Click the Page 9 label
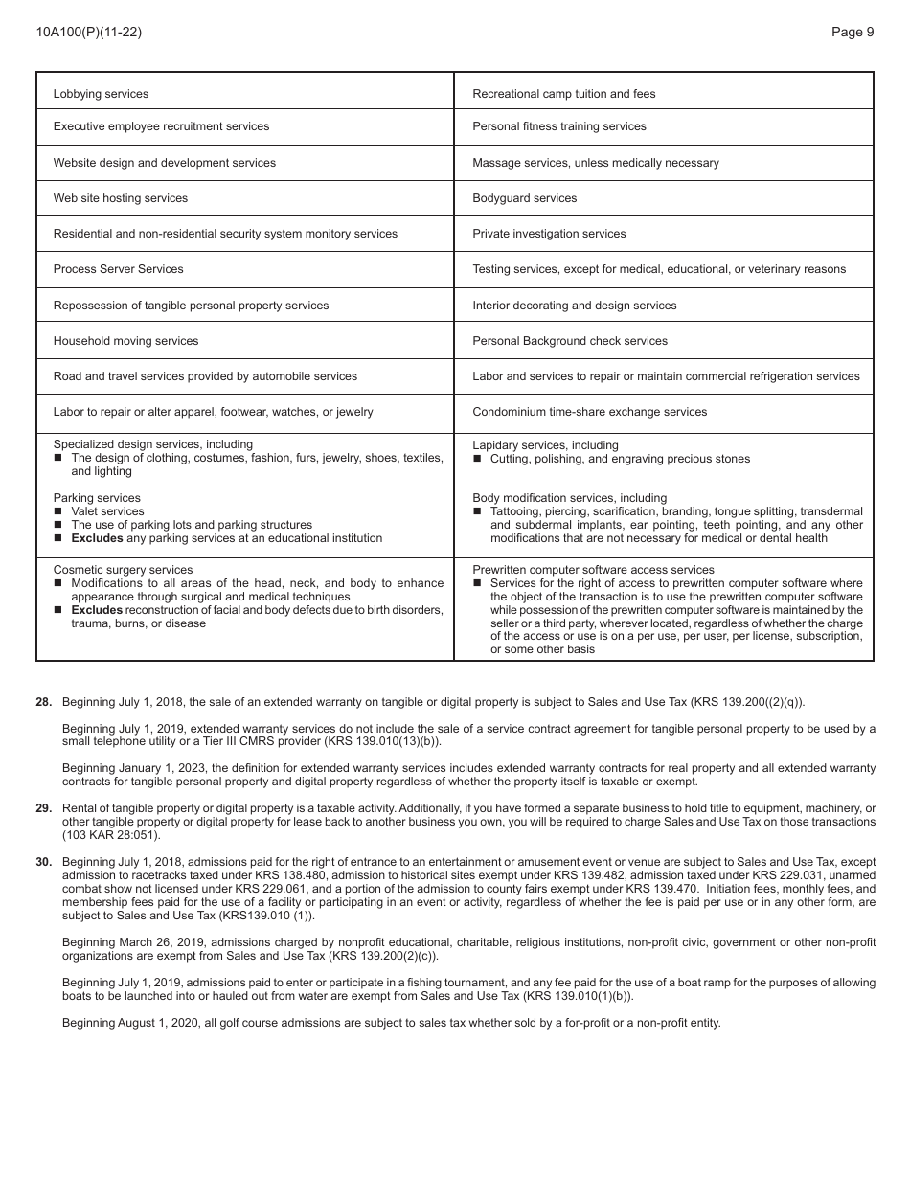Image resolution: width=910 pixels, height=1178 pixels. click(852, 32)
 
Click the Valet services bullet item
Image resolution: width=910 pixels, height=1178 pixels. click(107, 511)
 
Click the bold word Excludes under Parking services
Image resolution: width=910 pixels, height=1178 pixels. click(97, 538)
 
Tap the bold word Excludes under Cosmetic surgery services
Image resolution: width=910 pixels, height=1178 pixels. click(97, 610)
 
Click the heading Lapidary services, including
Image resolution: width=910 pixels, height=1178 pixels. click(545, 445)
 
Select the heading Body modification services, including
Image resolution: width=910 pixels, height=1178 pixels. click(569, 498)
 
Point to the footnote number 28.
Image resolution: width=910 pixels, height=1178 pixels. click(44, 702)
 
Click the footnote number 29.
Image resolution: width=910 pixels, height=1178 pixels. click(44, 808)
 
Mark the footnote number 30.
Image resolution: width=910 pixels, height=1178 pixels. click(44, 862)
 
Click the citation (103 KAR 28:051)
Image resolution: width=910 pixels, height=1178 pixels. click(111, 835)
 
